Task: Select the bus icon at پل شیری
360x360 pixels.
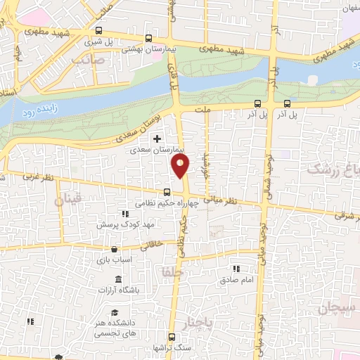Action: click(x=98, y=31)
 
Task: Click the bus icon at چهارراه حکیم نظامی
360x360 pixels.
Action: click(x=167, y=192)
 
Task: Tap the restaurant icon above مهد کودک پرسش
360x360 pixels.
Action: click(x=125, y=214)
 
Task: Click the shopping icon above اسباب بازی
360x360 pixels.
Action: click(x=115, y=249)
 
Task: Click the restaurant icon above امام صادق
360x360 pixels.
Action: click(x=236, y=269)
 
